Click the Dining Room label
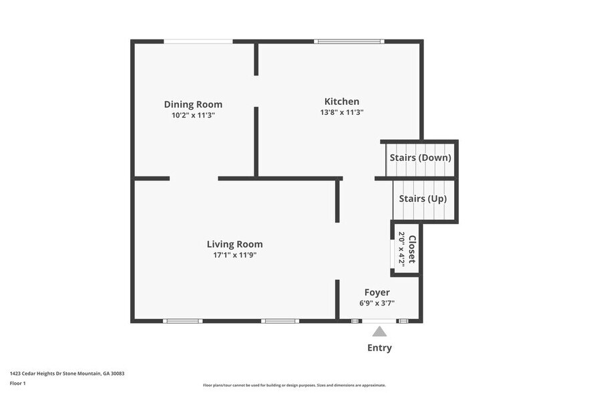tap(193, 104)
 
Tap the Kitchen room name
tap(341, 102)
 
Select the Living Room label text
tap(234, 244)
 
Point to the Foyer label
tap(377, 292)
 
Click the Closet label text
tap(412, 249)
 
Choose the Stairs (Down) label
tap(420, 158)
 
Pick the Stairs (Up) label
tap(423, 199)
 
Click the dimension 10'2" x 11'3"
tap(193, 115)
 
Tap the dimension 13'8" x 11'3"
tap(341, 112)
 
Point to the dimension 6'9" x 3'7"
tap(377, 303)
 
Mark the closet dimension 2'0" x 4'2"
tap(402, 249)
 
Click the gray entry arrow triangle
tap(379, 332)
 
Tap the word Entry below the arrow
tap(379, 348)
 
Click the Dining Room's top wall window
tap(198, 41)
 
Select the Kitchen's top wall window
tap(349, 41)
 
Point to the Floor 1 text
tap(17, 383)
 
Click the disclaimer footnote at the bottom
tap(294, 385)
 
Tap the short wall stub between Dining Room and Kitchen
tap(256, 59)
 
